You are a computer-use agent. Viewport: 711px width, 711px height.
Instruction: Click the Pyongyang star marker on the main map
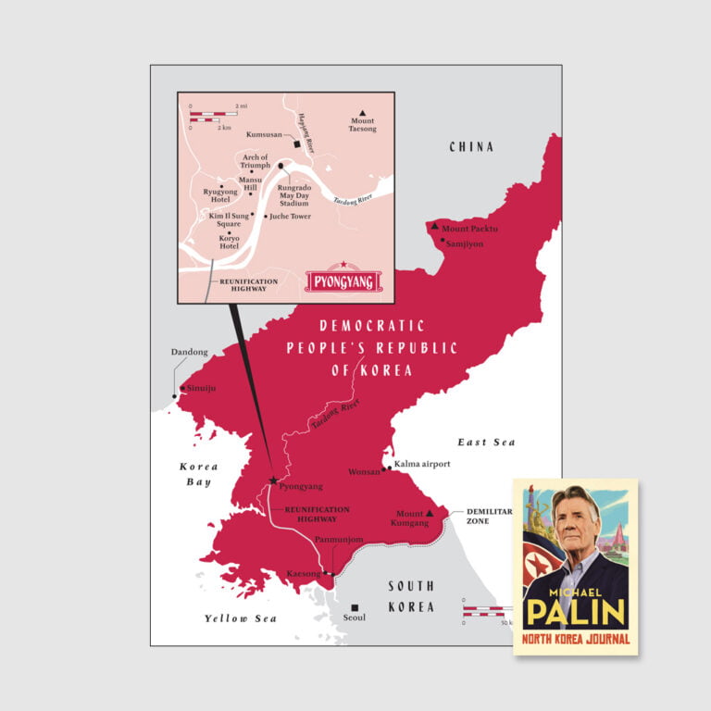273,480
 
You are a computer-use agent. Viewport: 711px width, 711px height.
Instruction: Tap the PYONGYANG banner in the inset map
343,280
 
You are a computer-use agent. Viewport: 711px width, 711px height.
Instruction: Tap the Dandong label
190,352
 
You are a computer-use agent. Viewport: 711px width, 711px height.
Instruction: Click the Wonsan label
363,471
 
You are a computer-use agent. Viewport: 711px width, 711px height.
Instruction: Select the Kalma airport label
422,463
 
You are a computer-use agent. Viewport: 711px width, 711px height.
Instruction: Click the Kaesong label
303,574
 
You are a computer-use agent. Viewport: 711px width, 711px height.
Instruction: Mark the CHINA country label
471,146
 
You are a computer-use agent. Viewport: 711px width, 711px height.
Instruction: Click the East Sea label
485,443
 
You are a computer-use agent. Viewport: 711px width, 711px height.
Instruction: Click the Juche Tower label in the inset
290,217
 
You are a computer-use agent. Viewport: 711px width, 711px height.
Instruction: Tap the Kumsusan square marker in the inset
296,145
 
